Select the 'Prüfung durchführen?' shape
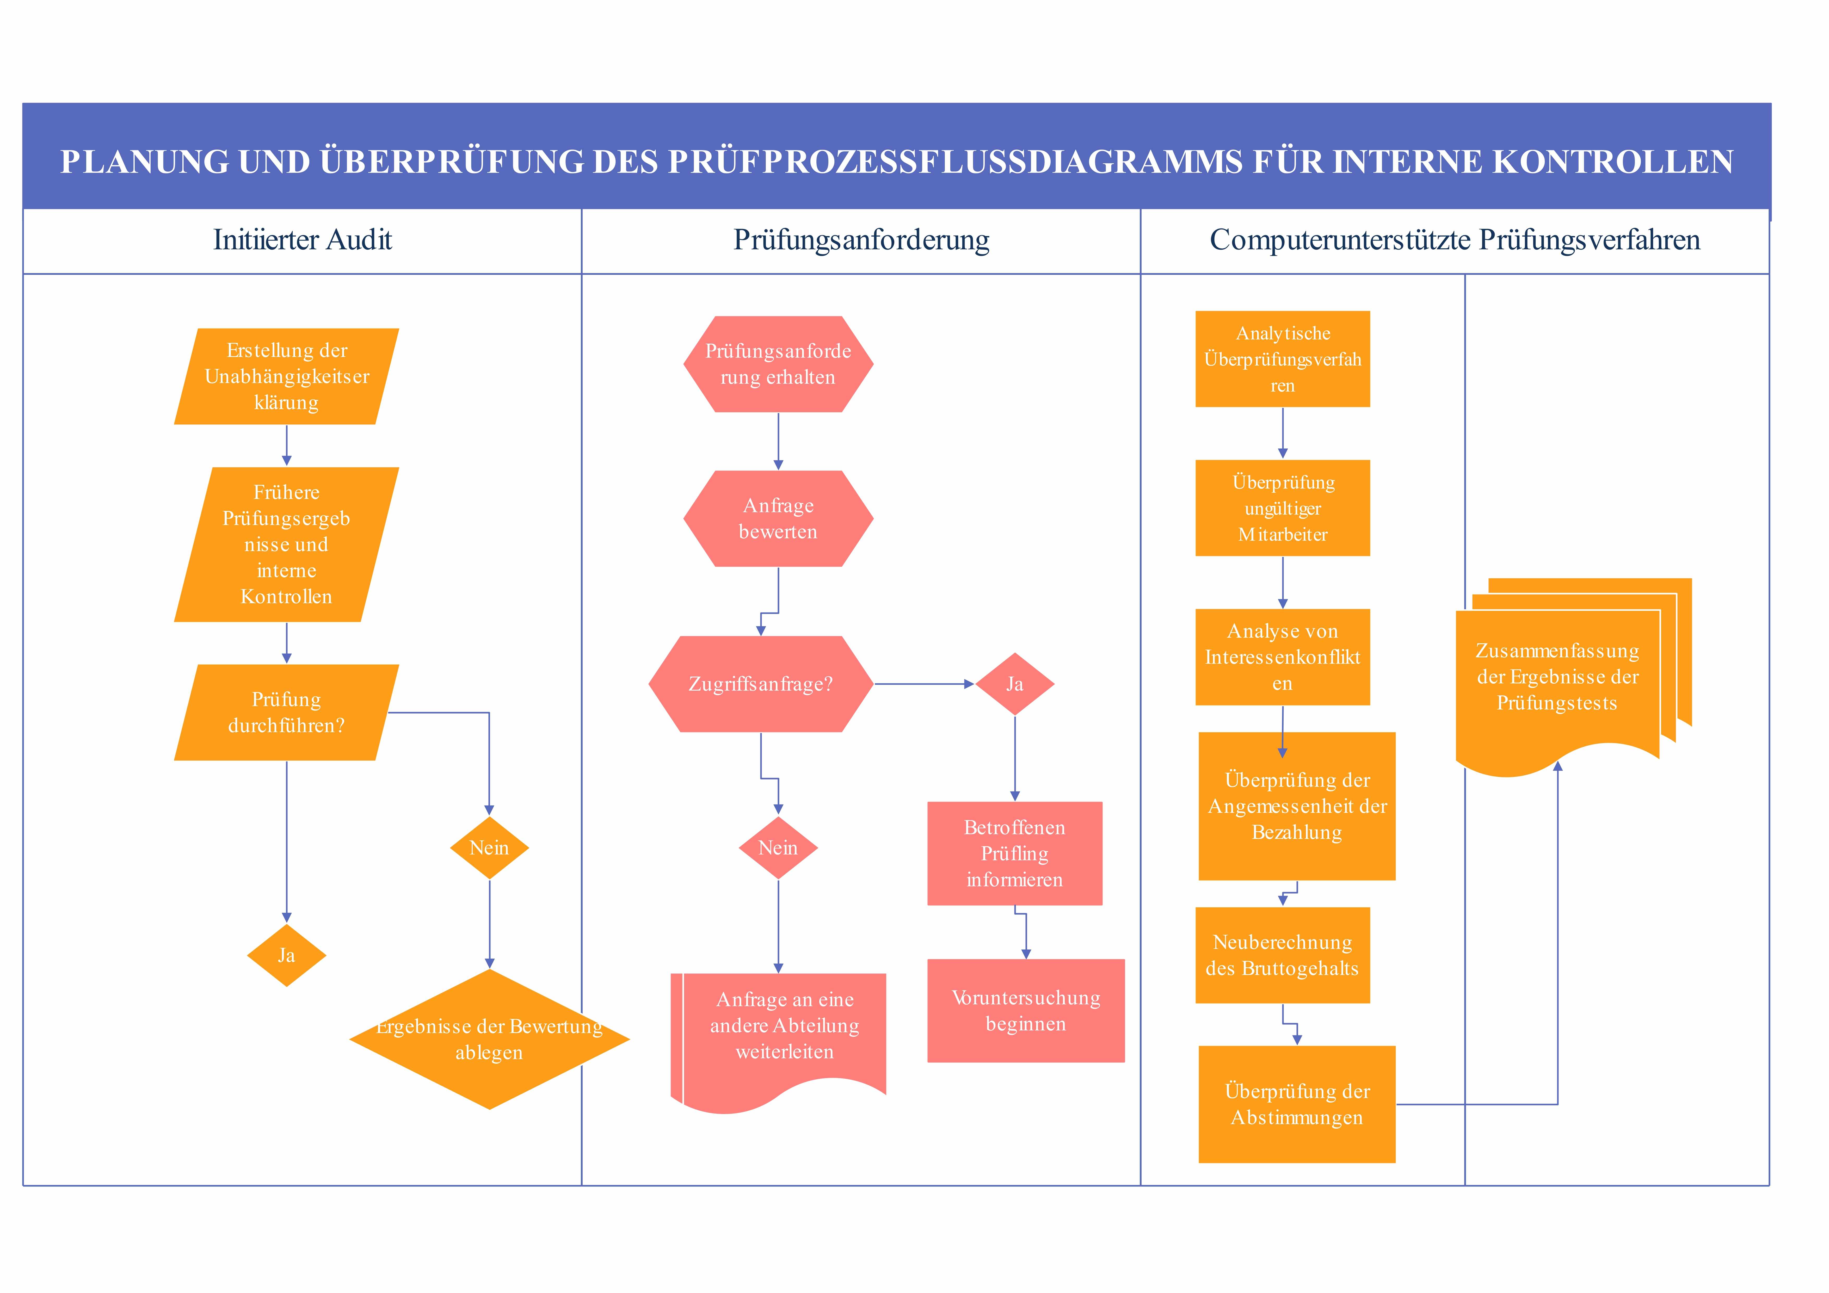(x=287, y=712)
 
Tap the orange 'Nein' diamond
(x=489, y=848)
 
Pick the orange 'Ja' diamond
(x=287, y=955)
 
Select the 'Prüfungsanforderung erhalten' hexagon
(x=778, y=364)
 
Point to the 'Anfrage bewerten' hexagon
(x=778, y=519)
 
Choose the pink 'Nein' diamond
(x=778, y=848)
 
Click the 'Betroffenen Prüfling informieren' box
(x=1015, y=853)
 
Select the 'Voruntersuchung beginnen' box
(x=1026, y=1011)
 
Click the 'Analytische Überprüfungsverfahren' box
(x=1283, y=359)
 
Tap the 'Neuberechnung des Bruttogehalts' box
(x=1283, y=955)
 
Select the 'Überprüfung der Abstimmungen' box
(x=1297, y=1104)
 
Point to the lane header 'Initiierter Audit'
(x=303, y=240)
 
